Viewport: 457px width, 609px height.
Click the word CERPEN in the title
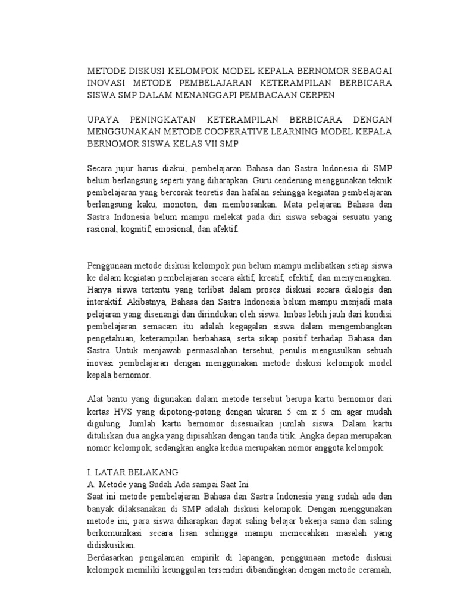point(316,95)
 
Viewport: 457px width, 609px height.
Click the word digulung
point(105,424)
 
